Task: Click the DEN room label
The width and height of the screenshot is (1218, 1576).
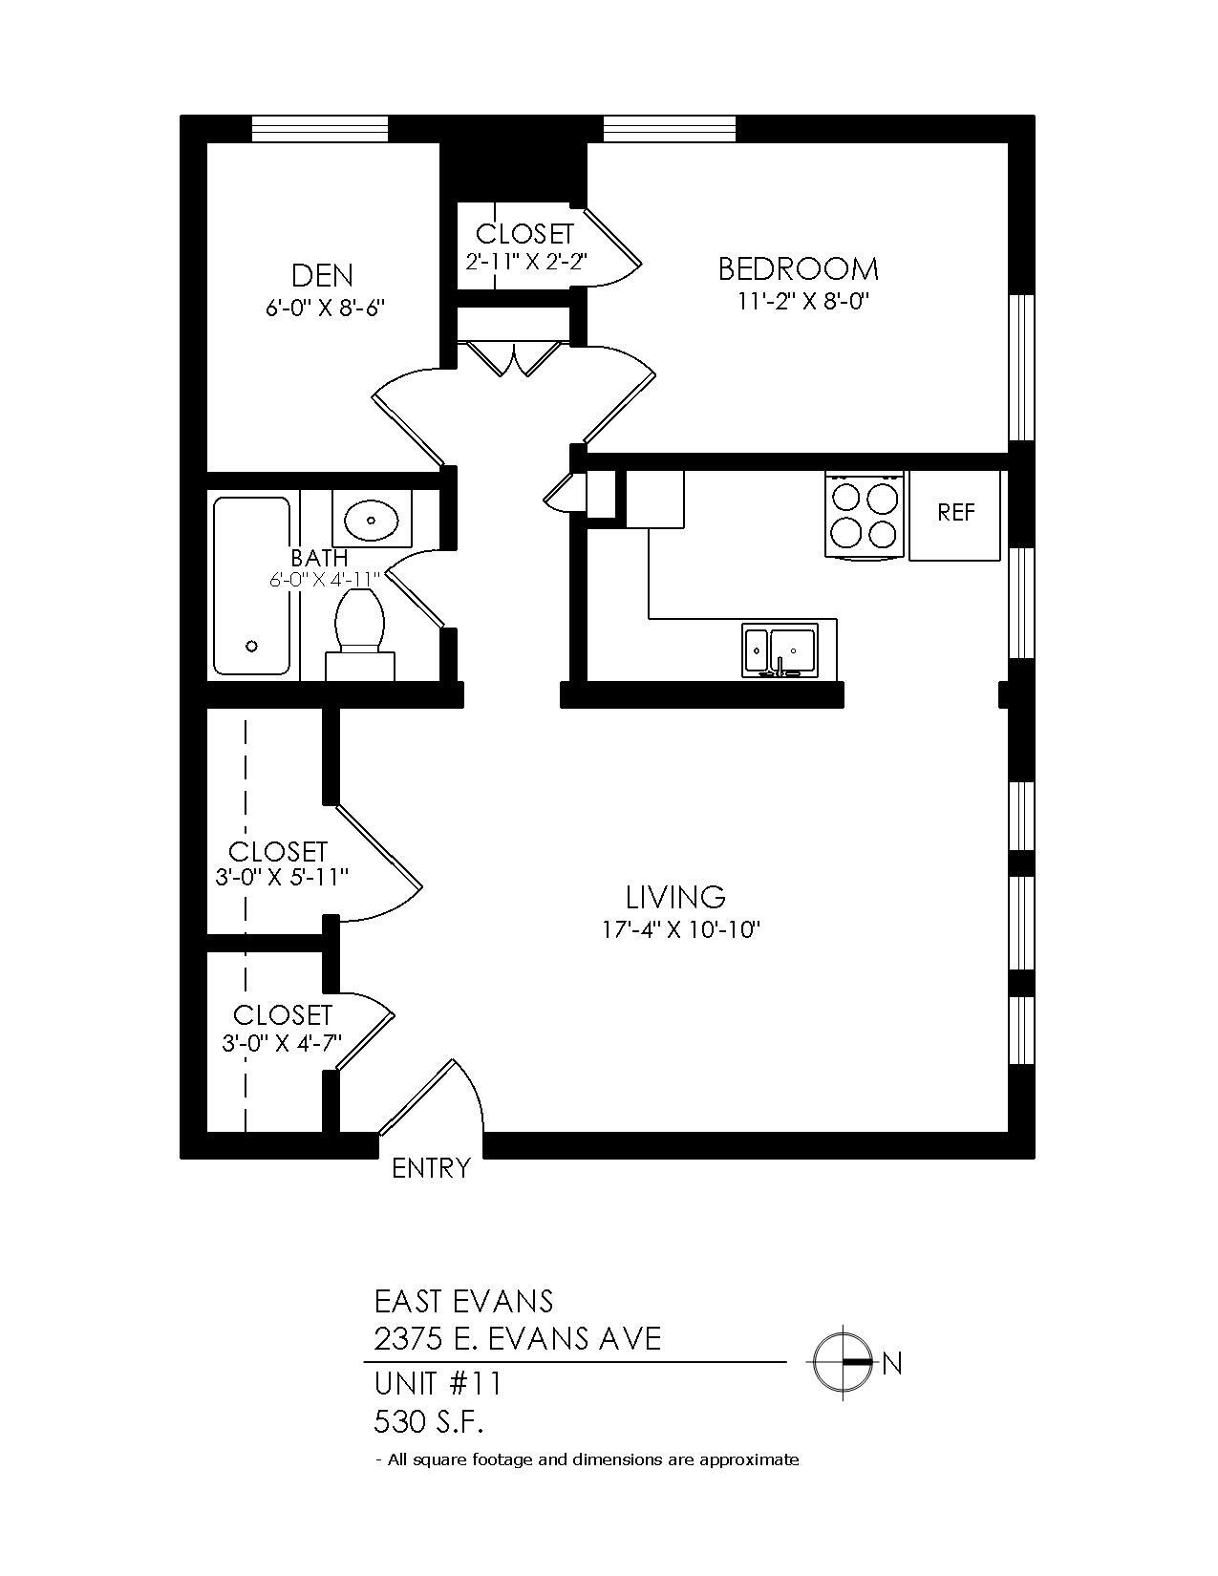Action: pyautogui.click(x=322, y=275)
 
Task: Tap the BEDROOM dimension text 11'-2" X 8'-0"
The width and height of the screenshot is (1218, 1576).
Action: pyautogui.click(x=805, y=301)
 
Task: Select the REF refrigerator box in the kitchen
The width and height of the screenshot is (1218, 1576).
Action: pyautogui.click(x=956, y=513)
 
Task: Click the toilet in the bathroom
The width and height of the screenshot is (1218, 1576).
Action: pyautogui.click(x=359, y=626)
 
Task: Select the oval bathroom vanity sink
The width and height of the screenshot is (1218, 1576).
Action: pyautogui.click(x=372, y=521)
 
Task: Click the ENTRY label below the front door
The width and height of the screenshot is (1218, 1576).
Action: pyautogui.click(x=432, y=1168)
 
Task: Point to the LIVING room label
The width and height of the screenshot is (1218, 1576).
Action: pyautogui.click(x=675, y=897)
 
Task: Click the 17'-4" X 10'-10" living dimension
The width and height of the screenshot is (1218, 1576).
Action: pyautogui.click(x=681, y=929)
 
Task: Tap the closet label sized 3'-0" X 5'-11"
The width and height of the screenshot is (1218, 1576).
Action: pyautogui.click(x=278, y=851)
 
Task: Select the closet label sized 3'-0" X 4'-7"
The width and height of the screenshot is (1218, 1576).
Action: pyautogui.click(x=283, y=1014)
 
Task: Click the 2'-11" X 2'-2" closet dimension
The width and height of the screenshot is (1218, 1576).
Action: pyautogui.click(x=524, y=261)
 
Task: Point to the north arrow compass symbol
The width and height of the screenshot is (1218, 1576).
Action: pyautogui.click(x=843, y=1362)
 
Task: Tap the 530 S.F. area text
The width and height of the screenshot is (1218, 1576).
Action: pyautogui.click(x=429, y=1422)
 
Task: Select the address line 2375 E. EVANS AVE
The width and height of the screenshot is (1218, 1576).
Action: pyautogui.click(x=517, y=1339)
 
